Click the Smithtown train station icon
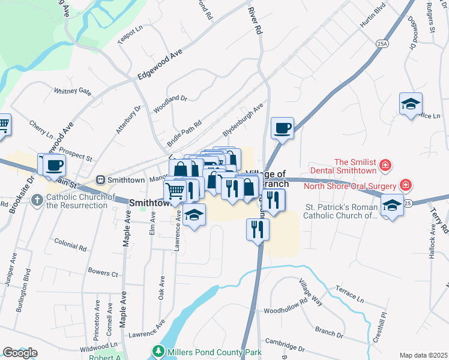(101, 179)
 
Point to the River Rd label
(256, 21)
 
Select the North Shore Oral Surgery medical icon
(406, 184)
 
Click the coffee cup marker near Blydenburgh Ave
(282, 128)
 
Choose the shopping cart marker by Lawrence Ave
(175, 191)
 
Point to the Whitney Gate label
(72, 92)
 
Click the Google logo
(19, 353)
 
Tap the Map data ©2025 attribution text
(423, 355)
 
